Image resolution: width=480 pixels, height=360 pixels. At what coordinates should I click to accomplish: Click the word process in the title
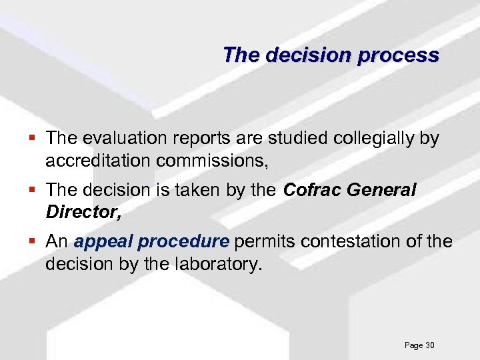click(x=398, y=55)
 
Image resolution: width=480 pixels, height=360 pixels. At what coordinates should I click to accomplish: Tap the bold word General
click(x=383, y=191)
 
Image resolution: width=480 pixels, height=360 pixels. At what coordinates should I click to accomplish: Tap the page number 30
click(x=429, y=345)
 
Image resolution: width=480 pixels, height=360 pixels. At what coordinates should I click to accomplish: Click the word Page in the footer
click(x=413, y=345)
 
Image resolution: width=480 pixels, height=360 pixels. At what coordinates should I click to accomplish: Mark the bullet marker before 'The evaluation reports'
click(x=33, y=139)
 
